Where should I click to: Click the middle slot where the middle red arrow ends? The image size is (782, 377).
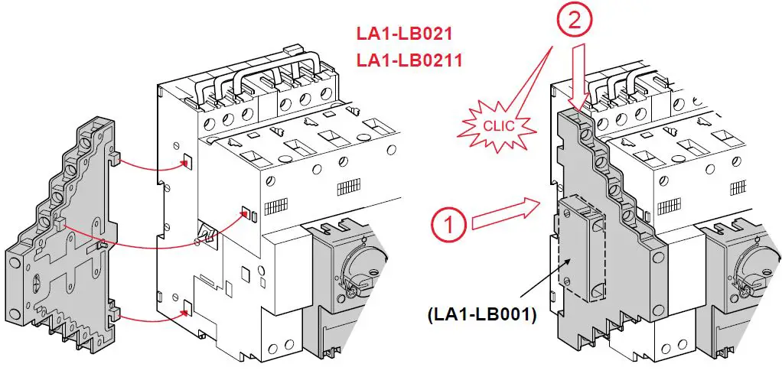click(246, 213)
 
